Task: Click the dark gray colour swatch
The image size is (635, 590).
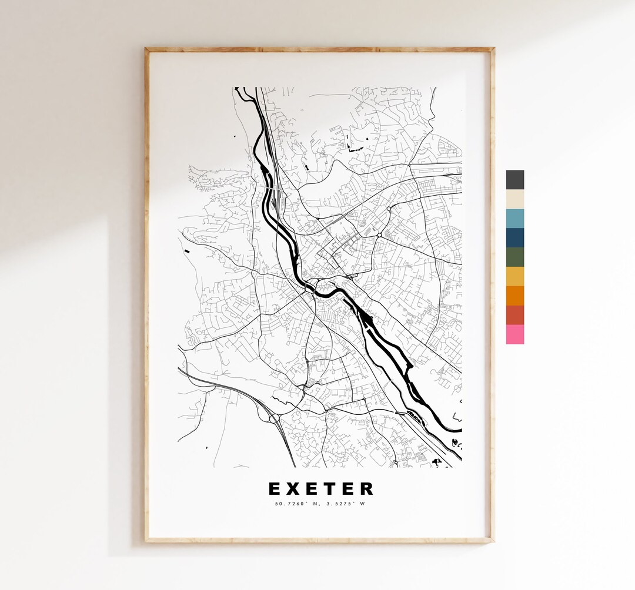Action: pyautogui.click(x=514, y=180)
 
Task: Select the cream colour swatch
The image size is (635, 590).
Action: pyautogui.click(x=514, y=199)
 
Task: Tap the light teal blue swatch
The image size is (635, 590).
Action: pyautogui.click(x=514, y=219)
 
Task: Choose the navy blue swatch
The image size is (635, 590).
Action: pyautogui.click(x=514, y=238)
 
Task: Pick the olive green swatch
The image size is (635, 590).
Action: pyautogui.click(x=514, y=257)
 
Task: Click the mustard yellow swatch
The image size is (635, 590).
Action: pyautogui.click(x=514, y=277)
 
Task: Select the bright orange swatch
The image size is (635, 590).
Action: pyautogui.click(x=514, y=296)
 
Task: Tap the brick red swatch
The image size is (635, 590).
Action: pyautogui.click(x=514, y=315)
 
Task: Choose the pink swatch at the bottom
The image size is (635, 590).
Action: pyautogui.click(x=514, y=334)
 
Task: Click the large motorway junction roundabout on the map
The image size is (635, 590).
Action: pyautogui.click(x=273, y=418)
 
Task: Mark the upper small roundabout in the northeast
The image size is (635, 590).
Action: pyautogui.click(x=388, y=209)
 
